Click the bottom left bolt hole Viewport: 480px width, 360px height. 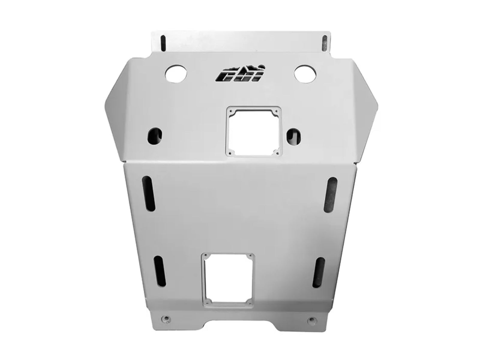(165, 318)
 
